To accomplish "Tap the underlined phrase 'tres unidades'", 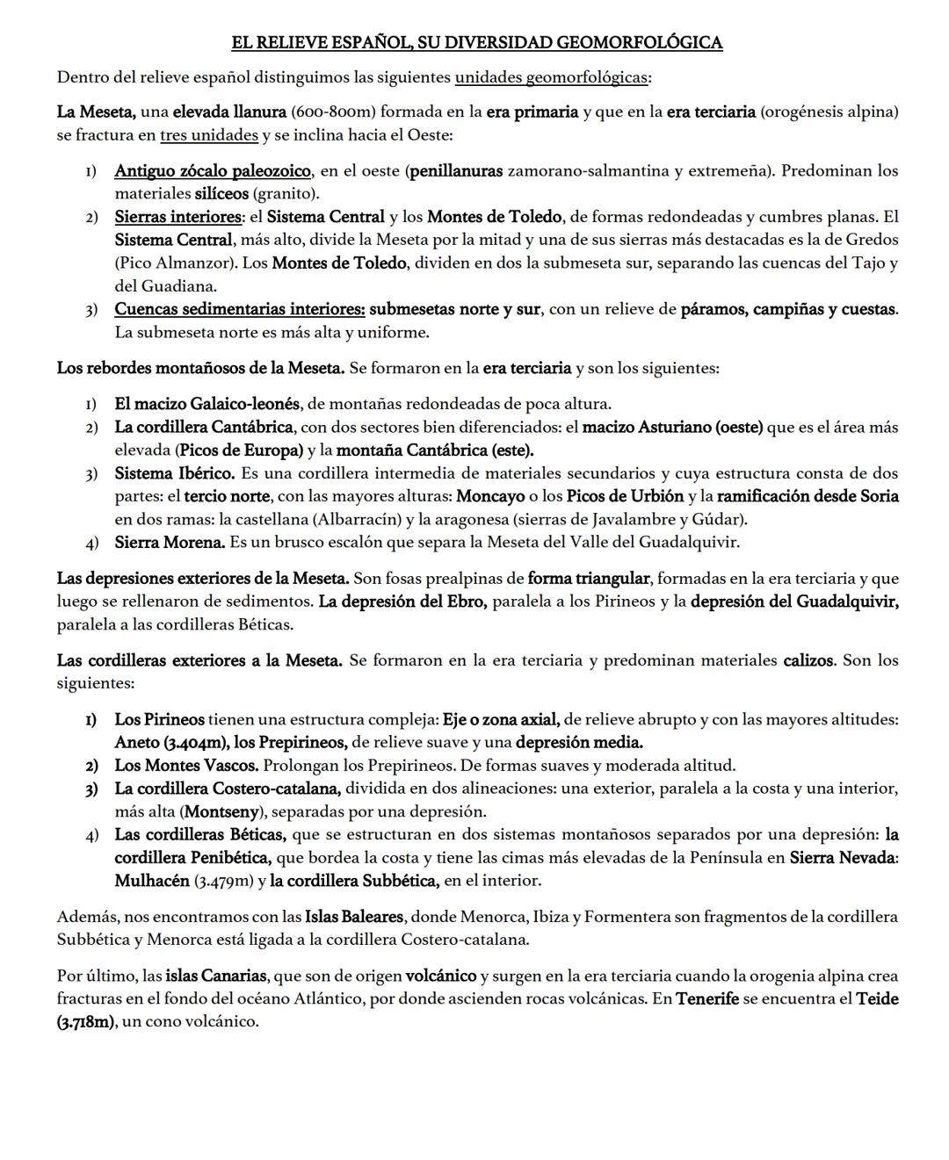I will [x=209, y=135].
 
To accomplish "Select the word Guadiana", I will [x=182, y=285].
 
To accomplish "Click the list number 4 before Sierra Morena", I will [x=91, y=543].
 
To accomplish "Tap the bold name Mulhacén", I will [x=152, y=881].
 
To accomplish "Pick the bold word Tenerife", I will [x=707, y=998].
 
